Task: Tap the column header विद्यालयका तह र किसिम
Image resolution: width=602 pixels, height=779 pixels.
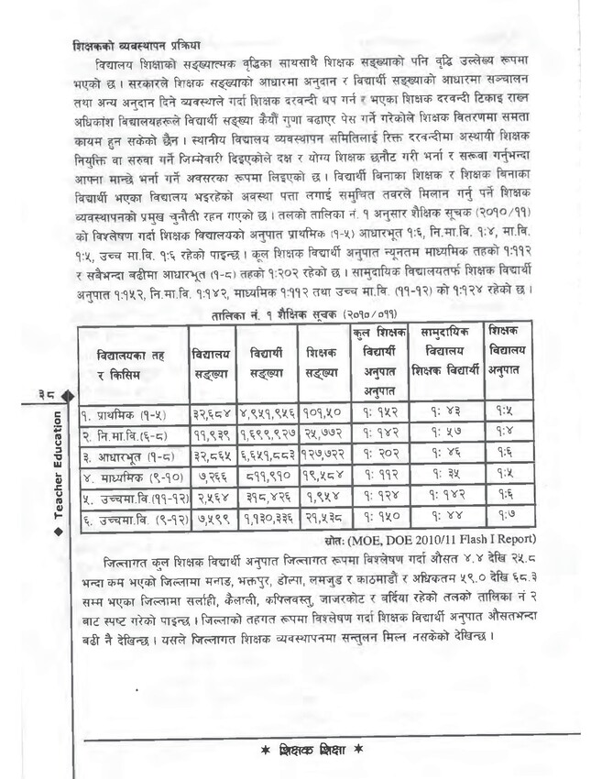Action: (x=131, y=361)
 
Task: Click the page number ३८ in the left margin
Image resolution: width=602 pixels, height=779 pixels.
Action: (x=52, y=393)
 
